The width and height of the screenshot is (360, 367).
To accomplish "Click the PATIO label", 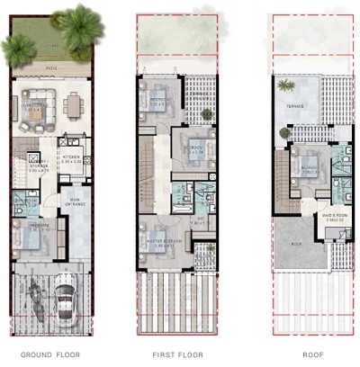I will (x=52, y=67).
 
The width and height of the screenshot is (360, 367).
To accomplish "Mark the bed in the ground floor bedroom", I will (x=34, y=237).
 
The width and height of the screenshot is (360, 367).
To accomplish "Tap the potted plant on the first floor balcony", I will (x=206, y=115).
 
